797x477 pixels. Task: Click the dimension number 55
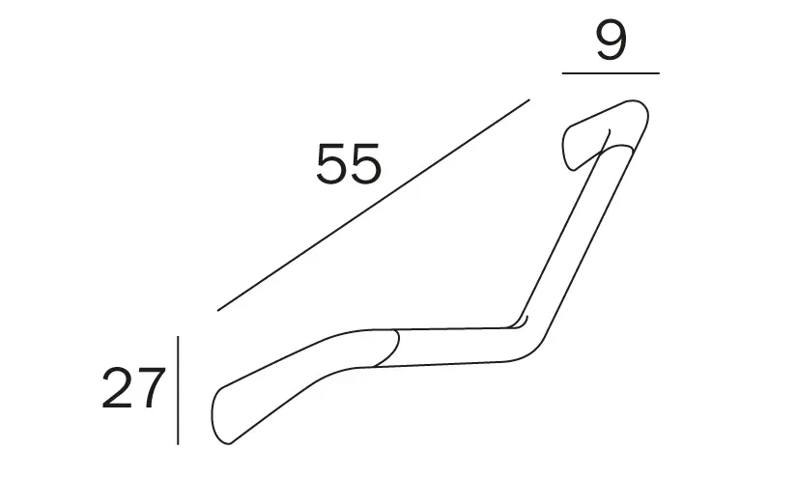(x=348, y=163)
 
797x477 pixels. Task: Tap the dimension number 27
(x=133, y=388)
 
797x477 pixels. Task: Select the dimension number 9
(x=611, y=41)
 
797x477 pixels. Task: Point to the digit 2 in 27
(x=118, y=388)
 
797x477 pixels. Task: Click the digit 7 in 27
(x=151, y=388)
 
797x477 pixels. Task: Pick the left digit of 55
(x=331, y=163)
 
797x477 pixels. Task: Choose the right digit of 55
(x=365, y=163)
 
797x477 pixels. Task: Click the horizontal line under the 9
(x=611, y=73)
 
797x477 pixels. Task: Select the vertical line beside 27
(x=178, y=390)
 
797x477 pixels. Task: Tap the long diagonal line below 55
(x=374, y=205)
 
